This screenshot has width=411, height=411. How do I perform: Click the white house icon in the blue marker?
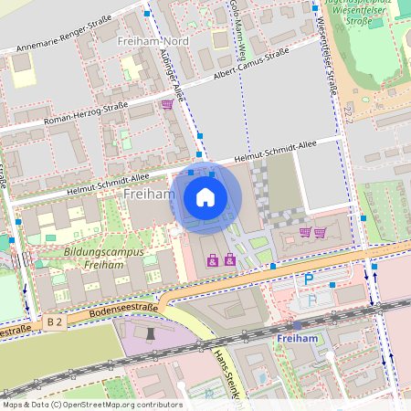pos(205,196)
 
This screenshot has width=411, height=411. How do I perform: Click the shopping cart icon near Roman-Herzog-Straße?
pos(167,104)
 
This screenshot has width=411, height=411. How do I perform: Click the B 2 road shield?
pos(55,321)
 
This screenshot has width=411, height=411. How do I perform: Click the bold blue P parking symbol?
pos(309,279)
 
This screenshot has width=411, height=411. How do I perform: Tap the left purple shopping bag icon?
pos(213,261)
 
